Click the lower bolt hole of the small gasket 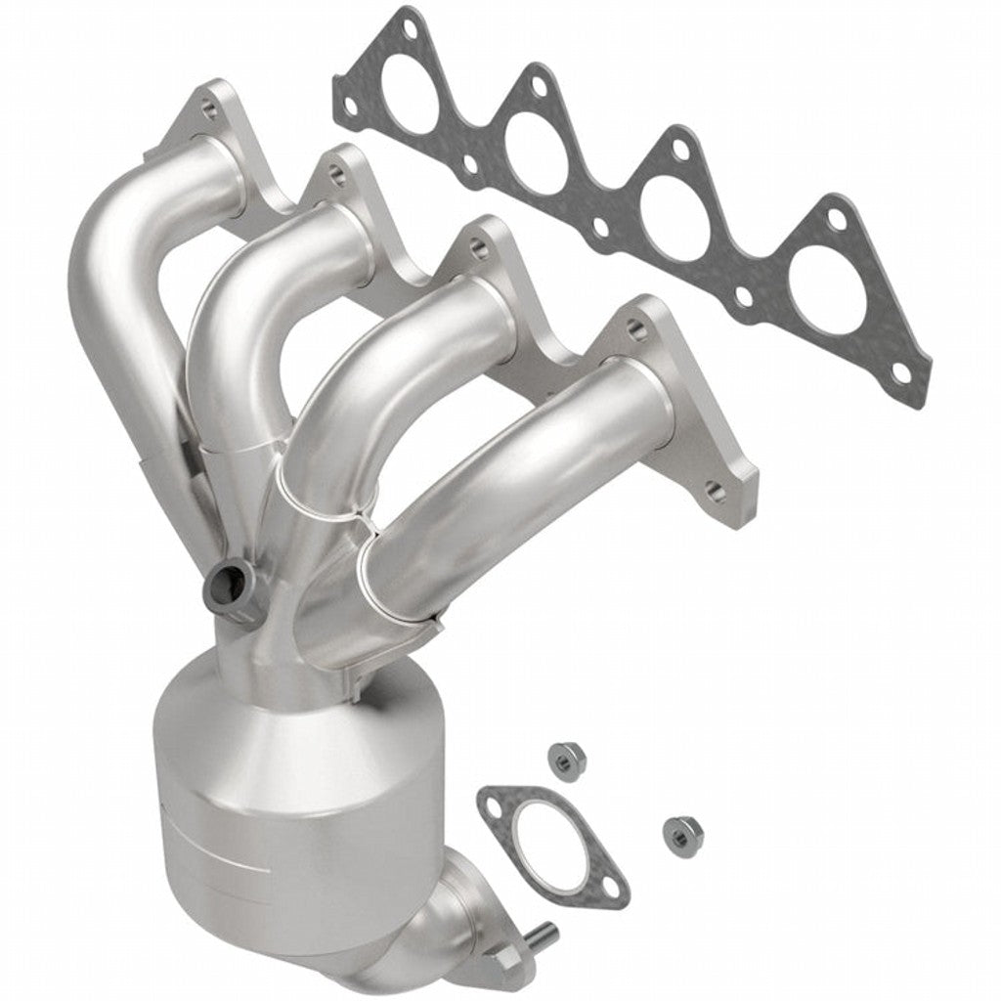point(610,888)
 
